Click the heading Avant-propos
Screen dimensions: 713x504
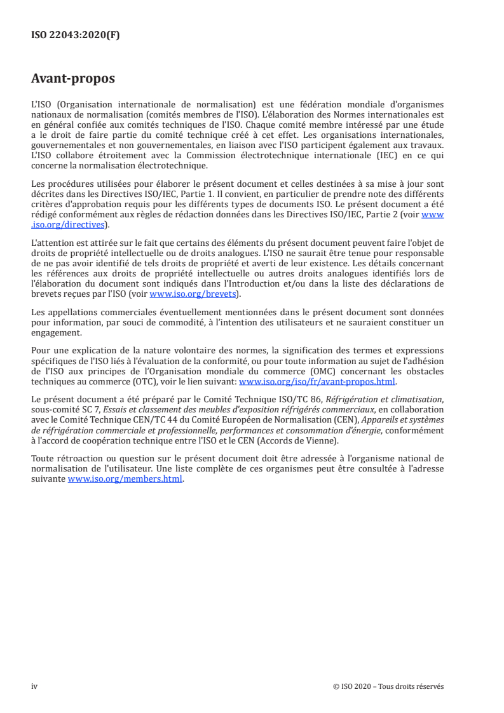coord(73,79)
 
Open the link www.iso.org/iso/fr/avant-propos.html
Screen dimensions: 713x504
coord(317,382)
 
